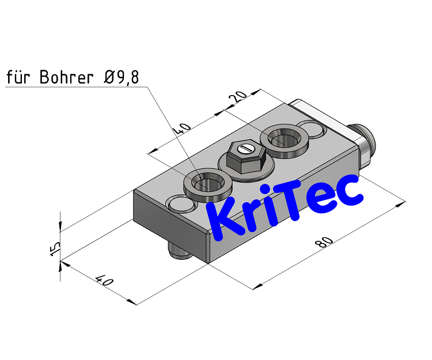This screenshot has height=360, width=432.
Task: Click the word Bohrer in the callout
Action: (x=66, y=78)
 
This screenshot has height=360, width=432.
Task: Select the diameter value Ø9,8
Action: (x=122, y=78)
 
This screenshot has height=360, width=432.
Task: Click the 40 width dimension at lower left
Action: (x=104, y=281)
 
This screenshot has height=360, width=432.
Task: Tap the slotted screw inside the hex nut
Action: (x=247, y=149)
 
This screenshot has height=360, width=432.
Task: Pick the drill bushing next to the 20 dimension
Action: (x=284, y=140)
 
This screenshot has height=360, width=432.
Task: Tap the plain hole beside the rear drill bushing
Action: (x=312, y=129)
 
